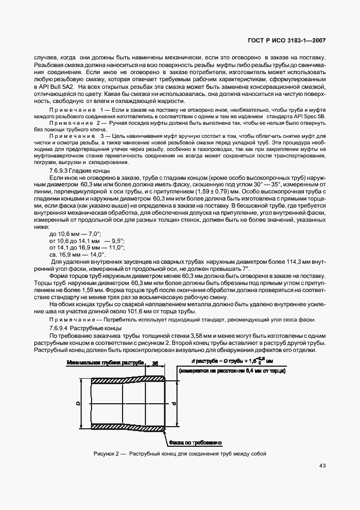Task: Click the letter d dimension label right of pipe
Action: [173, 403]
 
